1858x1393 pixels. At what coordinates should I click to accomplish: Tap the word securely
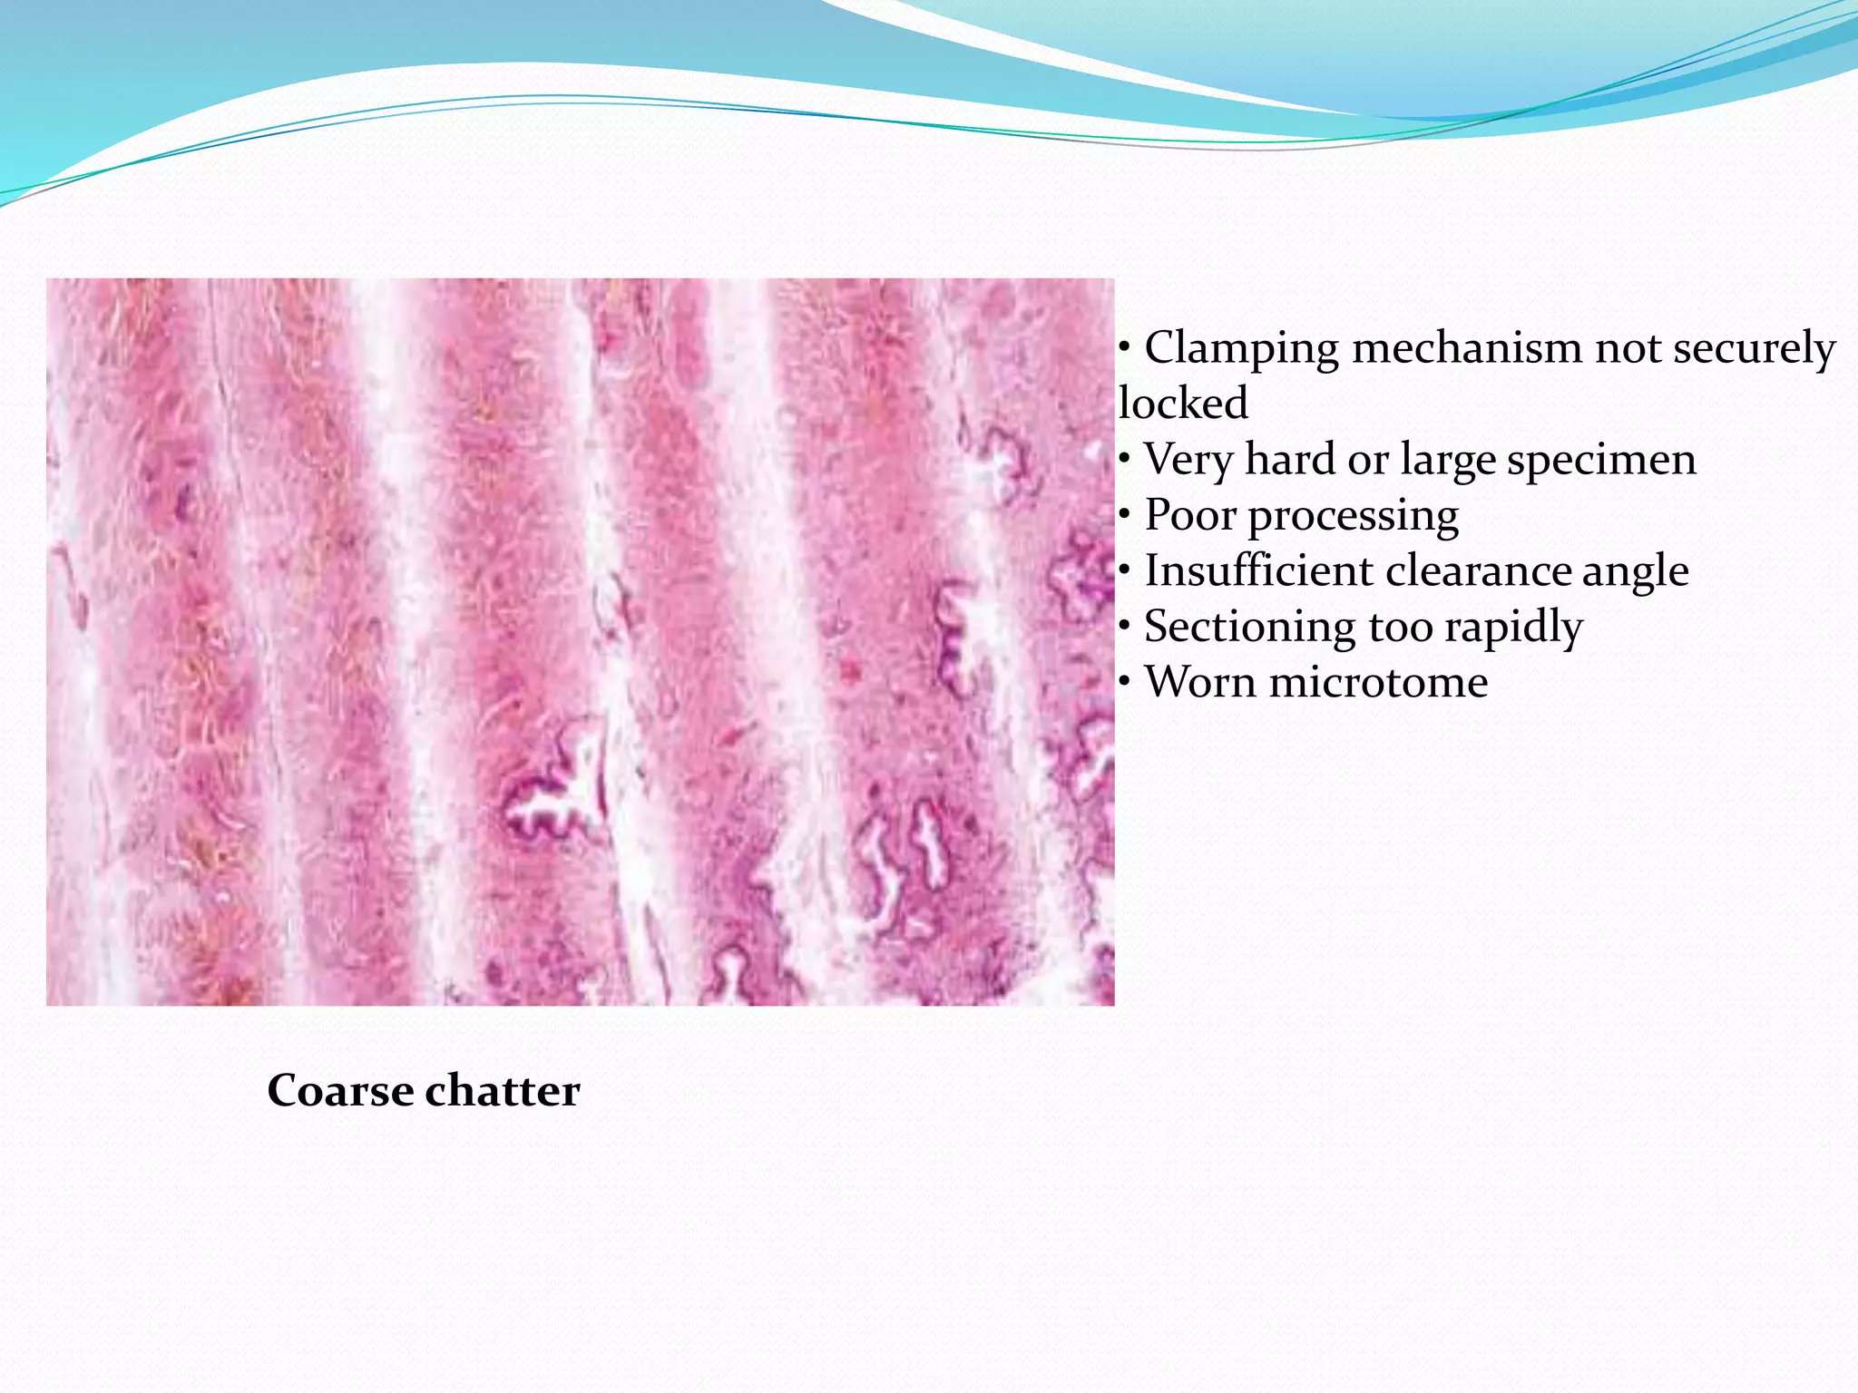(1754, 349)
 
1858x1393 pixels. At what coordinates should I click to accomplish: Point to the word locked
(1183, 404)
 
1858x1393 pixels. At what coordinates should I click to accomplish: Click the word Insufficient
(1259, 571)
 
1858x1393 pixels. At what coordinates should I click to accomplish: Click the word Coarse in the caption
(340, 1091)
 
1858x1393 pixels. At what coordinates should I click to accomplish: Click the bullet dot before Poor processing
(1124, 515)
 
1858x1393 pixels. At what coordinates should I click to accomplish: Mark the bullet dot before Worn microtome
(1124, 682)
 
